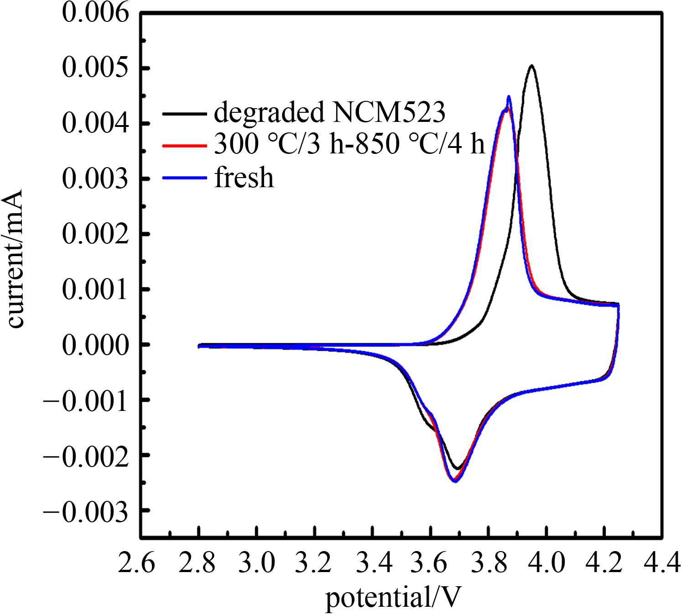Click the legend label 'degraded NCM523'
[329, 112]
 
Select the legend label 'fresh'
[245, 178]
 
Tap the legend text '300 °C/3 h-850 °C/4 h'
[349, 144]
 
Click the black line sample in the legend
[184, 113]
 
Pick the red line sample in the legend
[184, 146]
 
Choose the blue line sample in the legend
[184, 178]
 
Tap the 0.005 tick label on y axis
[95, 68]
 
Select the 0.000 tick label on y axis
[95, 345]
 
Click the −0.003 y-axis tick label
[86, 511]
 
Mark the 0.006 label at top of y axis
[95, 13]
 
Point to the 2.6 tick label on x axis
[136, 562]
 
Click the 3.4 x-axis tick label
[374, 562]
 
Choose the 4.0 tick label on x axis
[546, 562]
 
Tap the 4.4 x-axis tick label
[662, 562]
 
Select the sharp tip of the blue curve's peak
[509, 96]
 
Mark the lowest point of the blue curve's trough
[455, 481]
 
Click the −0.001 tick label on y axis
[86, 401]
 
